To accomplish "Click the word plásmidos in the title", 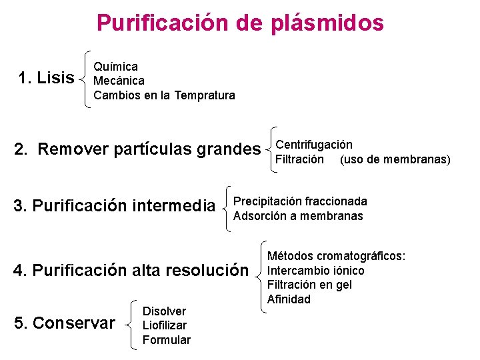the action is (x=327, y=23).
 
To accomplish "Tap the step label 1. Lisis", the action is (x=47, y=79).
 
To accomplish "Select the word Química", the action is (x=115, y=67).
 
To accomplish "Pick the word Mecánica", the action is (x=119, y=81).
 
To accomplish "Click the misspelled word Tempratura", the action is (x=205, y=95).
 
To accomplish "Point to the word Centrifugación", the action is (x=314, y=145).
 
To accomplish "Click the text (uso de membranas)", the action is (x=395, y=159).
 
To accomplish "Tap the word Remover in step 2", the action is (x=73, y=149).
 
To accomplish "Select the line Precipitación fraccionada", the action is (x=300, y=201).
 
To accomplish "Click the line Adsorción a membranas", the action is (x=298, y=216).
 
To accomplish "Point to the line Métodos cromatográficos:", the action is (x=337, y=256).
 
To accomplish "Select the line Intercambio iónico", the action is (x=316, y=271).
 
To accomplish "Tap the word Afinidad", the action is (x=289, y=299).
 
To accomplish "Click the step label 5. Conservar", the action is (x=65, y=323).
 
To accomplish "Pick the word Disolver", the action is (x=165, y=311).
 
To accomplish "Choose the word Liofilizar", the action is (x=165, y=325).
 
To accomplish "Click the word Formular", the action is (x=167, y=340).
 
